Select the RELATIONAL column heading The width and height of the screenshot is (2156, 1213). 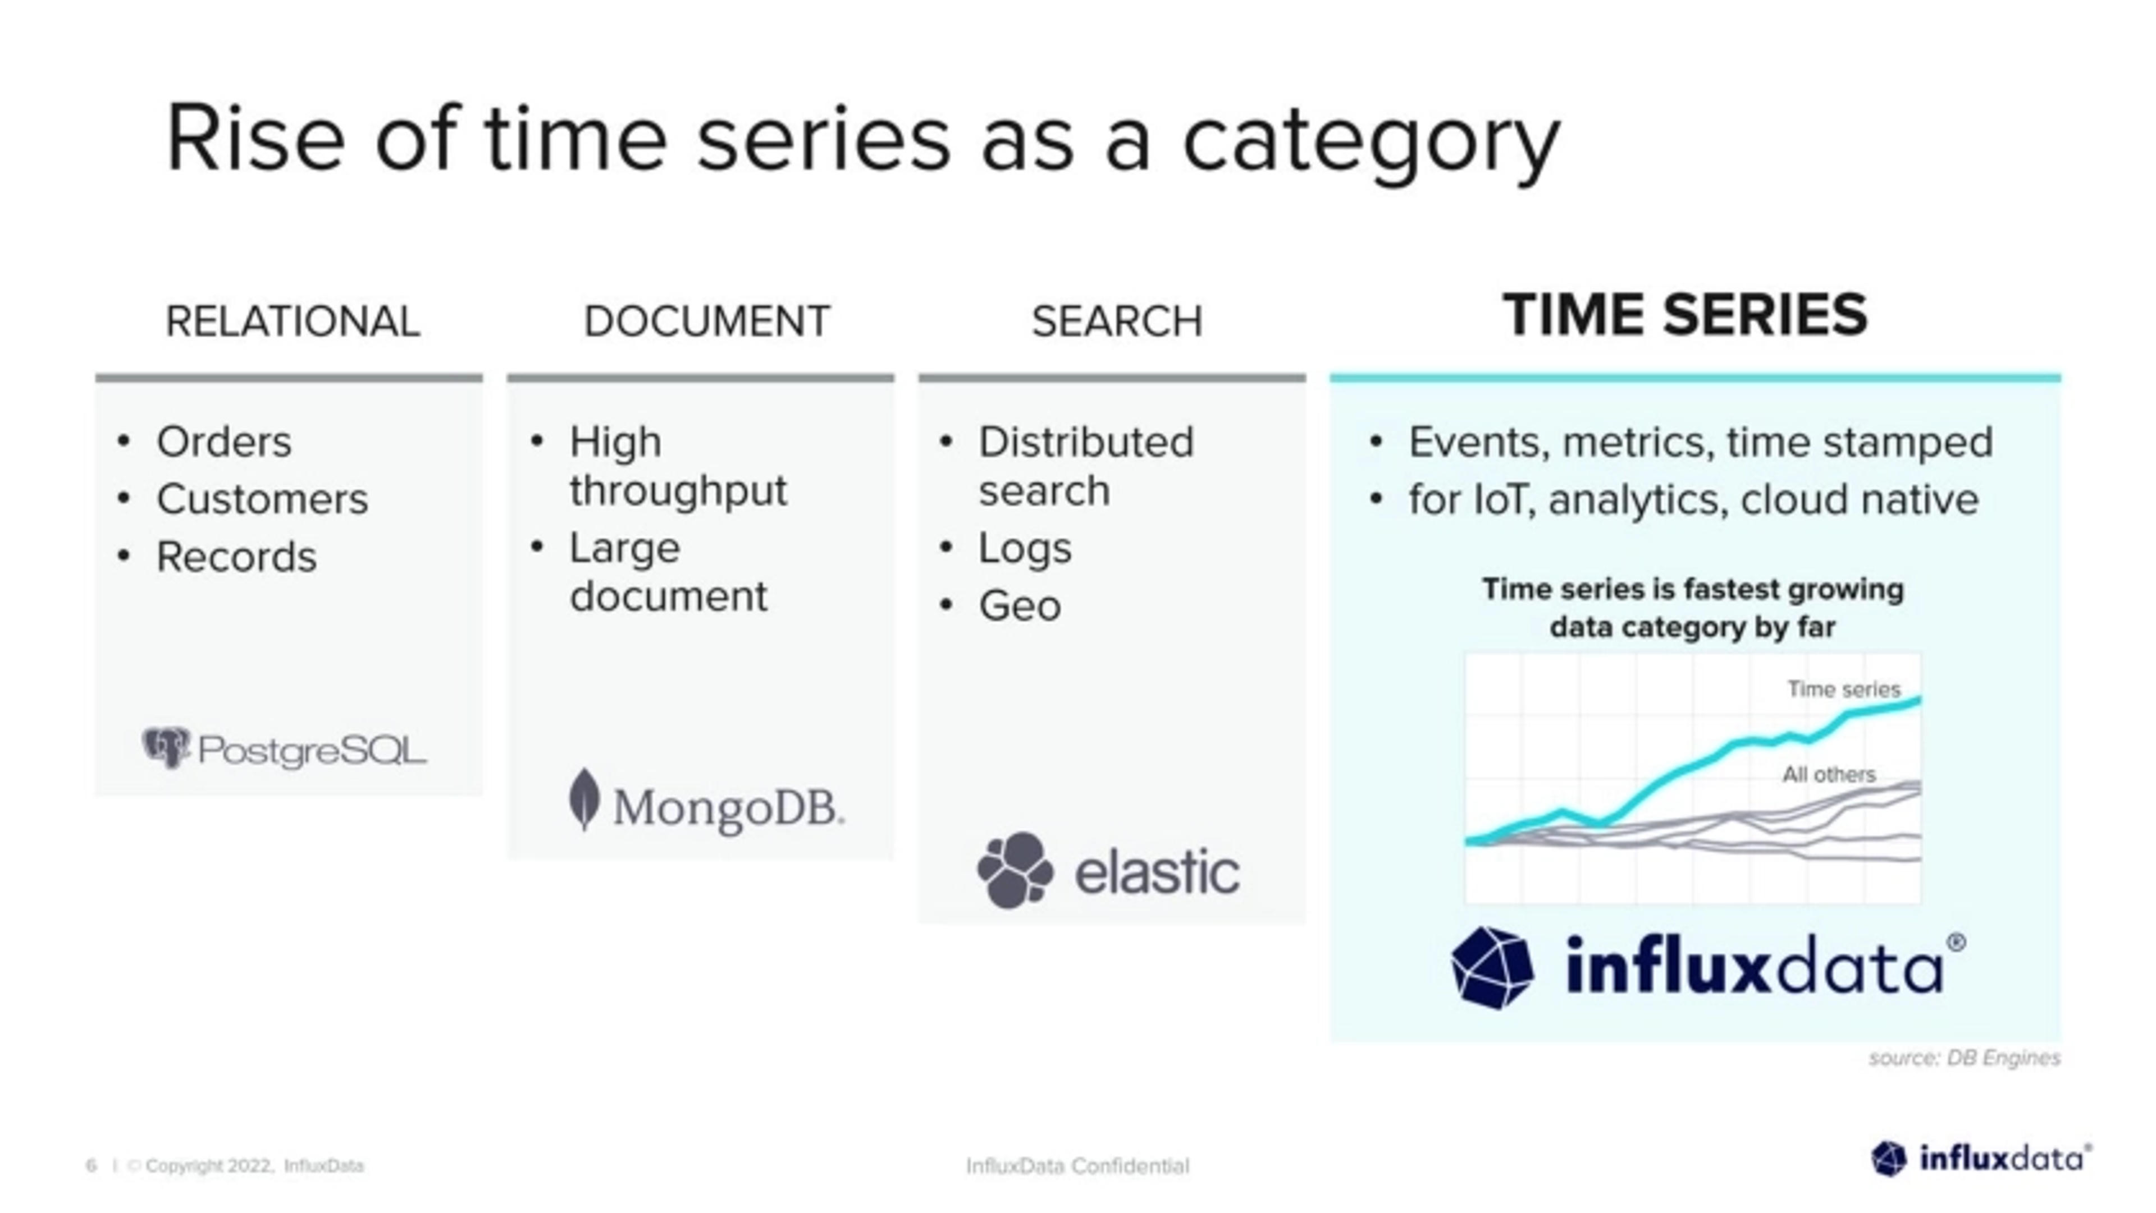pos(292,321)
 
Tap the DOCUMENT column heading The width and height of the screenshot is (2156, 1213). pos(706,321)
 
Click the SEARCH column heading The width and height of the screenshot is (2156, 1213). pos(1117,321)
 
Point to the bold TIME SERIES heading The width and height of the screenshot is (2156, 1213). pos(1685,315)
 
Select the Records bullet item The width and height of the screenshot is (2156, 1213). pos(236,557)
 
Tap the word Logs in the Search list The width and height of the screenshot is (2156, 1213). pos(1025,549)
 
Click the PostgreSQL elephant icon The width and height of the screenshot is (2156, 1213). pos(166,747)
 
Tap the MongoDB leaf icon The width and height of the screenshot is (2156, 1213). pos(583,800)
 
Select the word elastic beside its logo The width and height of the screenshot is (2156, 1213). pos(1157,872)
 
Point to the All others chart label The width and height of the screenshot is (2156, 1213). pos(1829,775)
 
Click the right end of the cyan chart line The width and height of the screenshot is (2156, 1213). pos(1917,701)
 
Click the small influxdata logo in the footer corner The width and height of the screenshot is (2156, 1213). pos(1980,1160)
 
